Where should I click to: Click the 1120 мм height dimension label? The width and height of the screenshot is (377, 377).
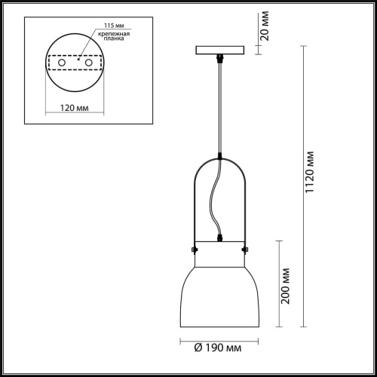tap(309, 172)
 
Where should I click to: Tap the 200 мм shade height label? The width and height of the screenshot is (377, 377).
tap(285, 286)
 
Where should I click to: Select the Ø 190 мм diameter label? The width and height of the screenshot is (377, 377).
tap(218, 348)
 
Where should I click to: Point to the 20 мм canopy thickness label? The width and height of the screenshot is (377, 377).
tap(265, 26)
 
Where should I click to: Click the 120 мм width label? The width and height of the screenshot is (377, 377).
tap(75, 108)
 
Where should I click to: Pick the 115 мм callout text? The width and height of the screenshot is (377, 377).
tap(114, 26)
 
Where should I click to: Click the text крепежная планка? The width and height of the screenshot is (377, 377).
tap(114, 36)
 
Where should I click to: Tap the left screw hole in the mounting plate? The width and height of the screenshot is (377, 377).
tap(62, 63)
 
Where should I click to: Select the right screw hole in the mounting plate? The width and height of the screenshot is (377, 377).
tap(89, 63)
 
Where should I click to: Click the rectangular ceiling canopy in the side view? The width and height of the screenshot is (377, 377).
tap(220, 50)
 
